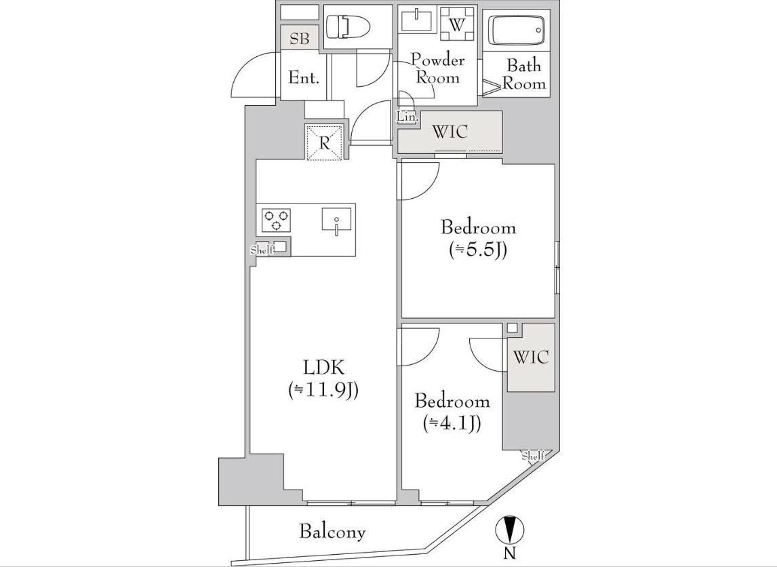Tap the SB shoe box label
299,39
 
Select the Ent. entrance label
304,78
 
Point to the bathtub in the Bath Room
517,30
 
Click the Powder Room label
437,69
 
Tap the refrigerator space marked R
325,142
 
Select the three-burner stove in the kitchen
276,220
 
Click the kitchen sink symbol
336,220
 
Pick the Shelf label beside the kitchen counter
262,250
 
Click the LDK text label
323,368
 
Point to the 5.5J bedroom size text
478,250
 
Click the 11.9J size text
323,391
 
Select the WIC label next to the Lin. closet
450,132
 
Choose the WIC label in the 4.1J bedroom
531,357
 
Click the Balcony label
332,532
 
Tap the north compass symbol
510,531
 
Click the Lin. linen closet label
408,117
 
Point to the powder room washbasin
417,21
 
